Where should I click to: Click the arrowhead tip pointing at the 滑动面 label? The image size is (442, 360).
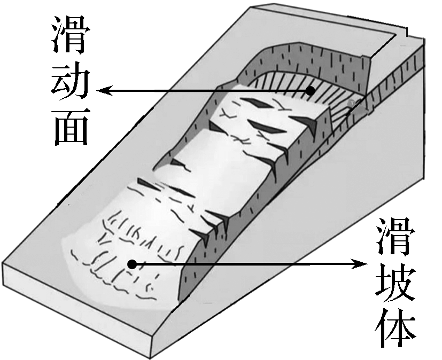[x=97, y=91]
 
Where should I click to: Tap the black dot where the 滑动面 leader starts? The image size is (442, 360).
[x=310, y=91]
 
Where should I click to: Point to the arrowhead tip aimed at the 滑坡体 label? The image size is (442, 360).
[x=368, y=264]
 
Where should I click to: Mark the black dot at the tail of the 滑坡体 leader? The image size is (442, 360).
[x=132, y=264]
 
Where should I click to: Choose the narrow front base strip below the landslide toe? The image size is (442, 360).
[x=76, y=310]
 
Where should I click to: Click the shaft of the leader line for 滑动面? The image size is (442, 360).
[x=204, y=91]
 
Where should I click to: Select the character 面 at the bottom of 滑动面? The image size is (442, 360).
[x=71, y=127]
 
